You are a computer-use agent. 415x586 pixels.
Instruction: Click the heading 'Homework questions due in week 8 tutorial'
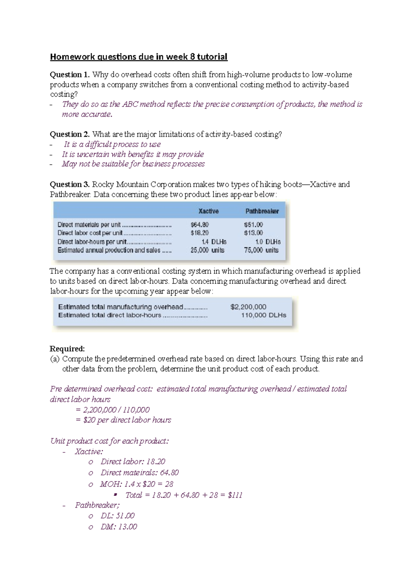tap(139, 57)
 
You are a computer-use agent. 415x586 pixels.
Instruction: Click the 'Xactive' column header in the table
tap(208, 211)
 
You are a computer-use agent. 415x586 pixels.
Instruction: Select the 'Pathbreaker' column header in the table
tap(262, 211)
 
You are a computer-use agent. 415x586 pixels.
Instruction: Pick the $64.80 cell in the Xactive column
tap(200, 225)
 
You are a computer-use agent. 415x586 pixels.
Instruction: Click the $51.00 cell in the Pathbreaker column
tap(253, 225)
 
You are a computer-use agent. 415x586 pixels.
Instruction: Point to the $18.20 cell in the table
tap(200, 233)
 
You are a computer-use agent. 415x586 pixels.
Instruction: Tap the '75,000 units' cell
tap(261, 250)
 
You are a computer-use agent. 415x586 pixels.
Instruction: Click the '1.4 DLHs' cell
tap(214, 242)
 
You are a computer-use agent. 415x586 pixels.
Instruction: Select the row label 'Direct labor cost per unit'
tap(90, 233)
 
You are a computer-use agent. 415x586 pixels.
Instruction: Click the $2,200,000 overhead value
tap(248, 307)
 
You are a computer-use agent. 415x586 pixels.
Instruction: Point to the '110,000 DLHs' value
tap(264, 315)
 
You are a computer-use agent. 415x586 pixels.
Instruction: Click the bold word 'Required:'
tap(67, 349)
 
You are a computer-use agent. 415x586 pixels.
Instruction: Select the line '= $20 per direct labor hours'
tap(123, 420)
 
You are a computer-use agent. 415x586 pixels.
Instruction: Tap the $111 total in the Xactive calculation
tap(235, 495)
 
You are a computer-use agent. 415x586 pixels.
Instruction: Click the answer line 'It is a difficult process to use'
tap(112, 144)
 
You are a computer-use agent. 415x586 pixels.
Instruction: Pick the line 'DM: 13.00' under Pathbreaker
tap(119, 527)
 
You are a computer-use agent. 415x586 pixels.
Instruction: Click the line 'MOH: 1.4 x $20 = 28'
tap(137, 484)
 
